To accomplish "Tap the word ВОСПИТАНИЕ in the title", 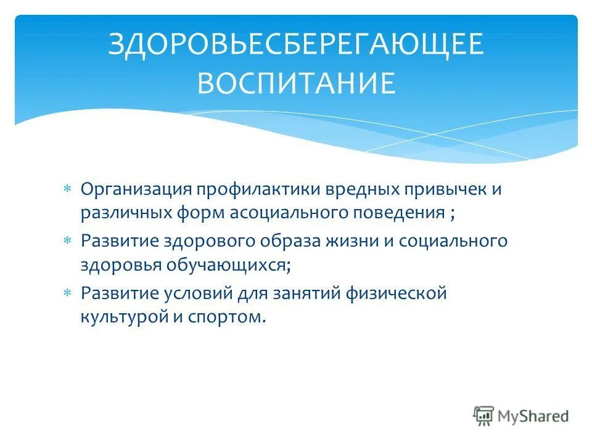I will click(x=296, y=84).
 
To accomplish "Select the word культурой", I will click(x=118, y=318).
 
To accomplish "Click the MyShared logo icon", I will click(x=484, y=416).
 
